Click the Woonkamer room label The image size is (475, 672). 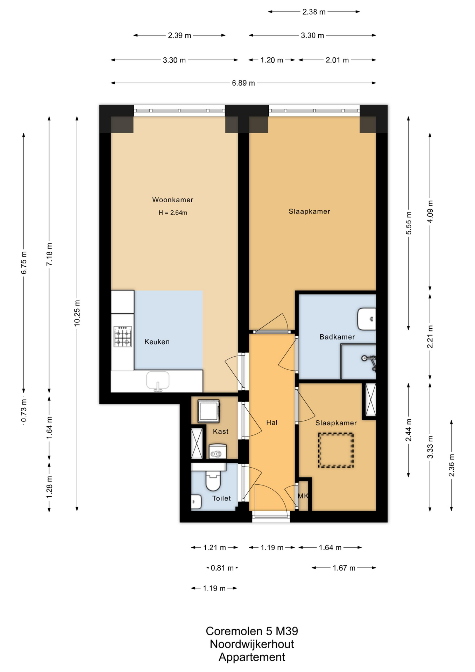[x=172, y=200]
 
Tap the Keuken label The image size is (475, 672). [x=157, y=342]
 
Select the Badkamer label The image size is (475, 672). [x=337, y=337]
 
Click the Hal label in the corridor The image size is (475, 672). [x=272, y=422]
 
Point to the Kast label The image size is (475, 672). [x=221, y=432]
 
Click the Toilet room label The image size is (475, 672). [x=221, y=498]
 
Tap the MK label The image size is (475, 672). [x=303, y=496]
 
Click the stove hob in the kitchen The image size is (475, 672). [x=123, y=336]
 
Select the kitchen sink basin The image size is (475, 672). [x=158, y=380]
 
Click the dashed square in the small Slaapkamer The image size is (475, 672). [x=336, y=450]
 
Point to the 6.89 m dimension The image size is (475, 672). [x=243, y=83]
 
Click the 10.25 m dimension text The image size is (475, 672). [x=77, y=313]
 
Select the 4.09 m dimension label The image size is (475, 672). [x=430, y=211]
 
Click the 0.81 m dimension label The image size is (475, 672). [x=222, y=568]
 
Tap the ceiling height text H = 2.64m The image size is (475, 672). [x=173, y=213]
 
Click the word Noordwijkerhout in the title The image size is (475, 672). [x=252, y=644]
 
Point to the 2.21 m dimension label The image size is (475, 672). [x=430, y=337]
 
